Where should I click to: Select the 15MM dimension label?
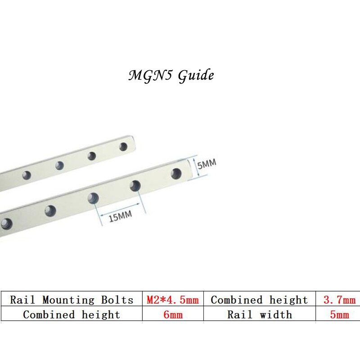coord(121,216)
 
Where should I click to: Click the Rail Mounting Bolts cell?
coord(72,300)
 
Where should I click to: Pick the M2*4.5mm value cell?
coord(173,300)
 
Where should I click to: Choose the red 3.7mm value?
coord(336,300)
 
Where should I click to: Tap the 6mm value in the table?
coord(173,315)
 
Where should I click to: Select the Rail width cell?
coord(260,315)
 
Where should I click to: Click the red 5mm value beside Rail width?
coord(339,315)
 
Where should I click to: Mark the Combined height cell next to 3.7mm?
coord(260,300)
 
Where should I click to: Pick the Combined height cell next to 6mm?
coord(72,315)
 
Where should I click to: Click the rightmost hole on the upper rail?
coord(123,146)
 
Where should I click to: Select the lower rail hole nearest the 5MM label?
coord(176,173)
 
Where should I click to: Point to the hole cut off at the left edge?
coord(6,223)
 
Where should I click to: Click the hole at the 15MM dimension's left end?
coord(93,198)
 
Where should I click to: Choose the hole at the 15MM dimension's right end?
coord(135,185)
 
